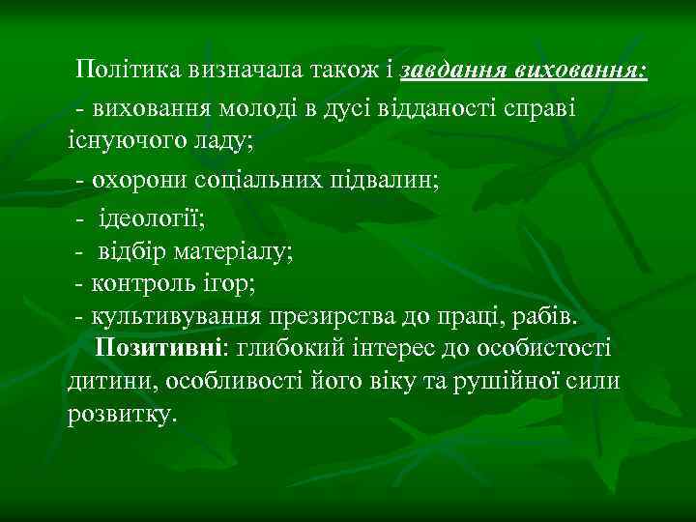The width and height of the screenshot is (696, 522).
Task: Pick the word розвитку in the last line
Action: pos(122,415)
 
